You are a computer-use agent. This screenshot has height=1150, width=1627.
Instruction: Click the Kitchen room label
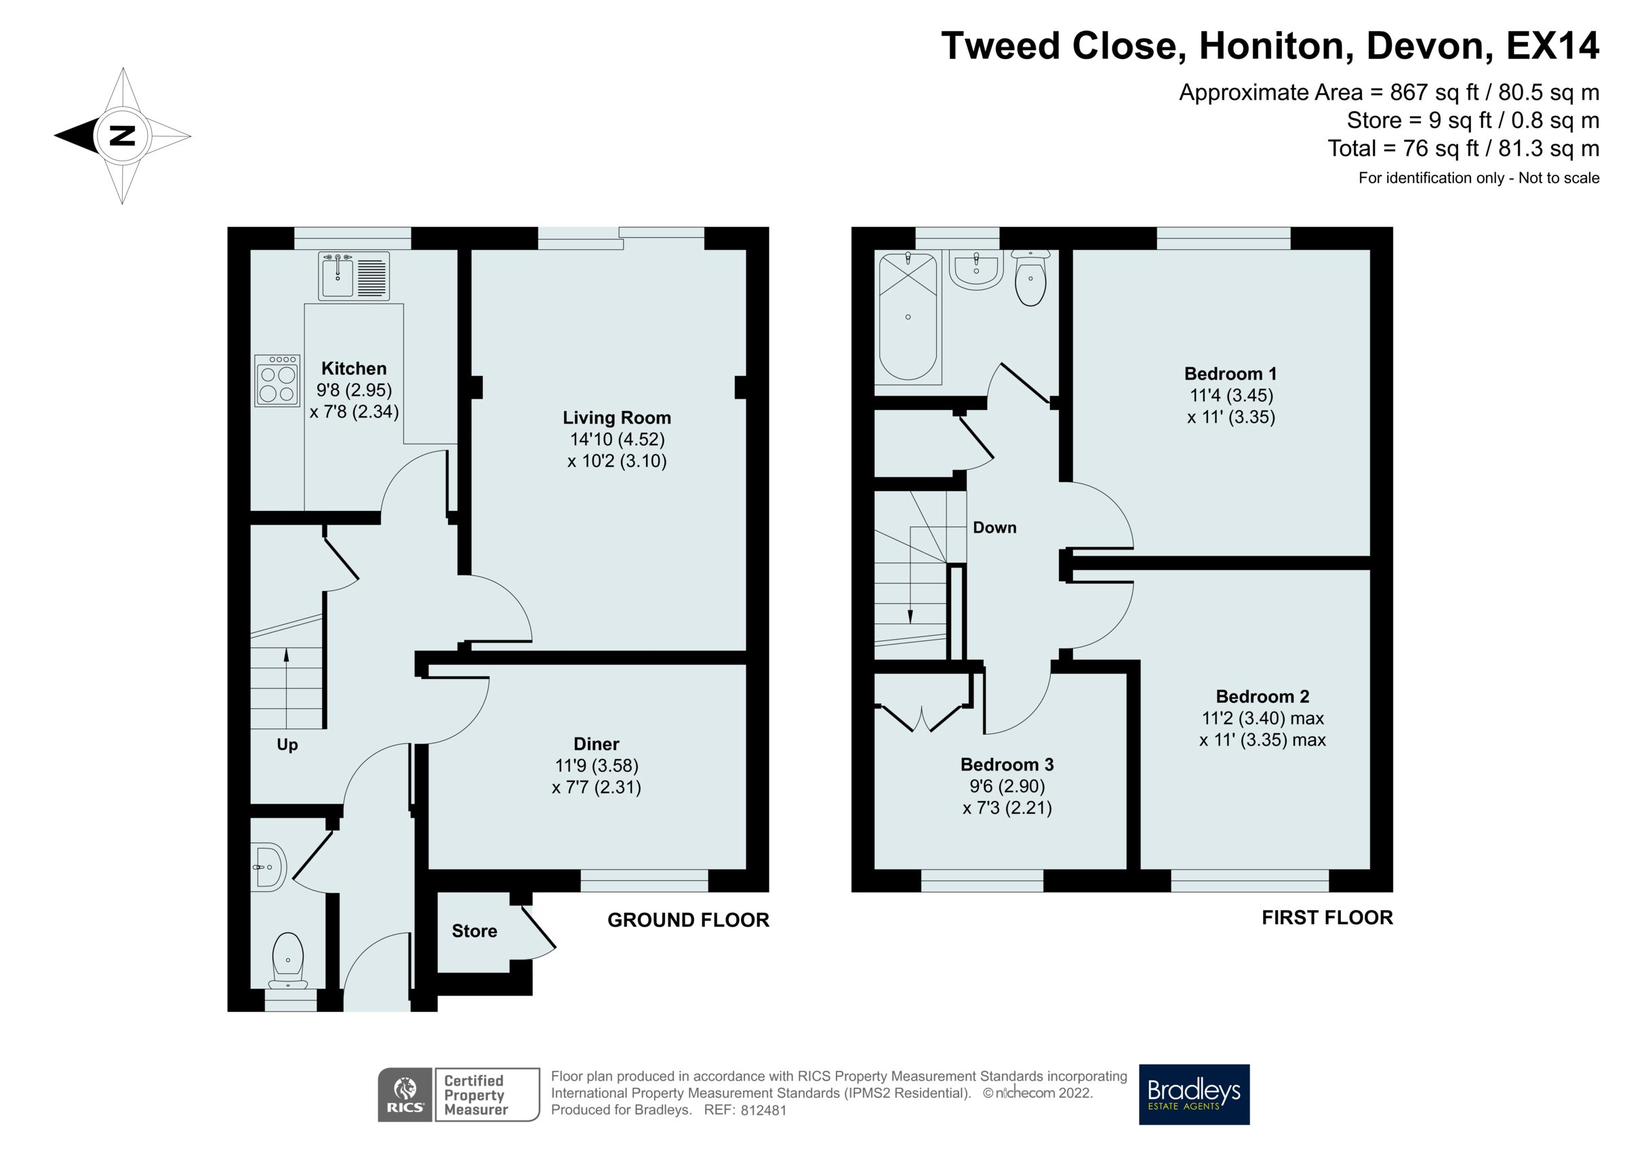click(354, 369)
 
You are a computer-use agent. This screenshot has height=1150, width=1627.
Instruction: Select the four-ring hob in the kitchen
click(277, 380)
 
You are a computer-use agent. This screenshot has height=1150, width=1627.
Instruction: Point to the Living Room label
click(616, 417)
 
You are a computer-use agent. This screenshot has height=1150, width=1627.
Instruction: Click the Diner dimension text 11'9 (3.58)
click(597, 765)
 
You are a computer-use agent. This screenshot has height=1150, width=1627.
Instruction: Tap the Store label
click(474, 930)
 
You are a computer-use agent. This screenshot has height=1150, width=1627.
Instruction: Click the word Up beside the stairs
click(287, 744)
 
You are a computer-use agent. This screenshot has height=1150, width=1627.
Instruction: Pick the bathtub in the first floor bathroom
click(908, 316)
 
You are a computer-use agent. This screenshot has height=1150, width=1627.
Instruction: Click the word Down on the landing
click(995, 527)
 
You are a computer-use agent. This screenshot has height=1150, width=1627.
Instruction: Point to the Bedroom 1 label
click(1230, 373)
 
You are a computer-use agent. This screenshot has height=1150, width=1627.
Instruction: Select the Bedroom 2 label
click(1262, 696)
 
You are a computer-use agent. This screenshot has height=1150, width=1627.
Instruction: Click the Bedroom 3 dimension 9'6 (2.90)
click(1007, 786)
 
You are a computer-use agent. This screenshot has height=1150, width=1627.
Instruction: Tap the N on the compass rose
click(123, 136)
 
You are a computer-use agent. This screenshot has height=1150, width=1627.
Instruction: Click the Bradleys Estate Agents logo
click(1193, 1094)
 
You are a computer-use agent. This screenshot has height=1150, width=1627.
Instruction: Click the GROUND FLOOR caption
click(687, 920)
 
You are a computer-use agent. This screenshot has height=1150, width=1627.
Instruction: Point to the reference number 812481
click(763, 1110)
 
